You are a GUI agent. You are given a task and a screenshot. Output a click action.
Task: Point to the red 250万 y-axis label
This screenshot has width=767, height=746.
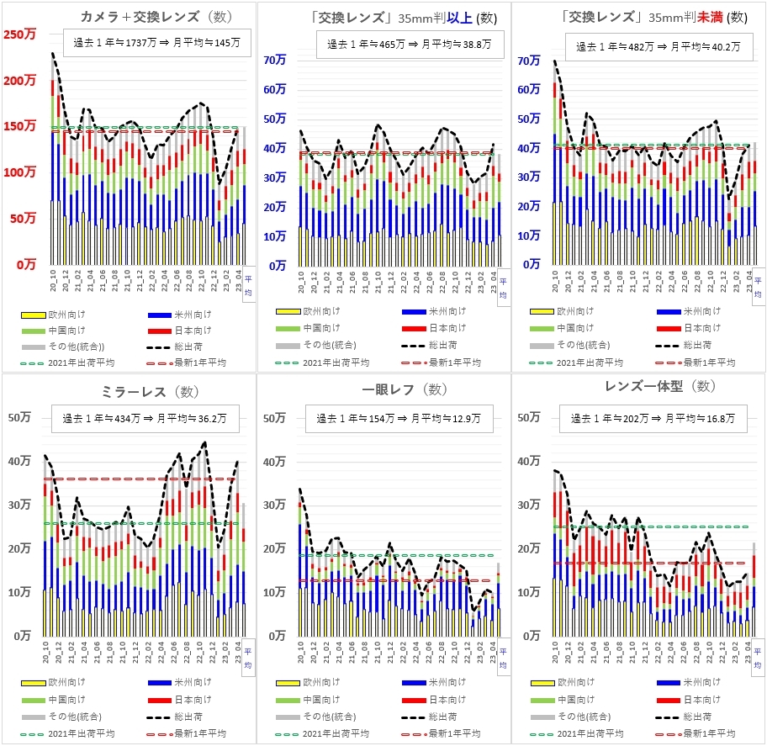point(19,34)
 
